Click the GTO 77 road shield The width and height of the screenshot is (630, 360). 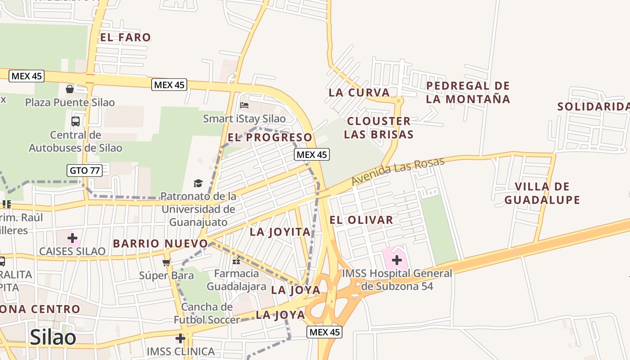pos(85,171)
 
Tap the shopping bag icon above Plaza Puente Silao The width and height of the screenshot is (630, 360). pos(70,89)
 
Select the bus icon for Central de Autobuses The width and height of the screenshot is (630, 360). pos(76,121)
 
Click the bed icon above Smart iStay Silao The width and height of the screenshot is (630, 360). pos(244,105)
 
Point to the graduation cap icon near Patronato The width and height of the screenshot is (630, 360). pos(198,183)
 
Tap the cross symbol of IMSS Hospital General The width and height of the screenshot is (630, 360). pos(397,260)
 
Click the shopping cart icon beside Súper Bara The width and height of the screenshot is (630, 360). pos(166,262)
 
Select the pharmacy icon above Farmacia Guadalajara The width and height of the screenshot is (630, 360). pos(236,261)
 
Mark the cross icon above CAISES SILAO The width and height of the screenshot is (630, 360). pos(72,238)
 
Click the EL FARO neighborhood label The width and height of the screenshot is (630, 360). pos(125,37)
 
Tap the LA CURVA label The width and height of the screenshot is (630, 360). pos(359,93)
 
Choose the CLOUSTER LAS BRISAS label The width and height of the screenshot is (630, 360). pos(379,128)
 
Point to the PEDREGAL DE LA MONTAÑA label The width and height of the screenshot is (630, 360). pos(468,92)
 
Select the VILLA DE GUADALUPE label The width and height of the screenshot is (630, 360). pos(542,193)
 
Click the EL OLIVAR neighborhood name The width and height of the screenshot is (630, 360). pos(361,220)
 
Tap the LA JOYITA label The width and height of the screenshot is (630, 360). pos(280,232)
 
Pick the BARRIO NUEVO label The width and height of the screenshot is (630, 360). pos(160,243)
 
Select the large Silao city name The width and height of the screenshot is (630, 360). pos(53,337)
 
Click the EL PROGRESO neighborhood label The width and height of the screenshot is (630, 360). pos(270,137)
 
